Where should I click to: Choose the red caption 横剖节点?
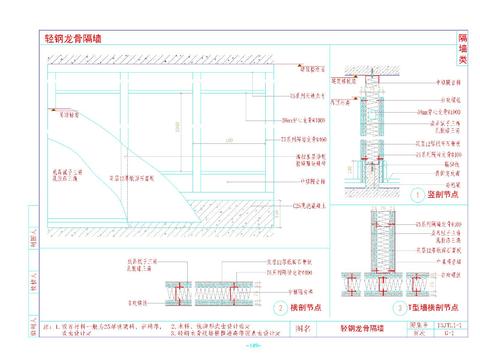pyautogui.click(x=308, y=309)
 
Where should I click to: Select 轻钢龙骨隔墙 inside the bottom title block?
pyautogui.click(x=361, y=327)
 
